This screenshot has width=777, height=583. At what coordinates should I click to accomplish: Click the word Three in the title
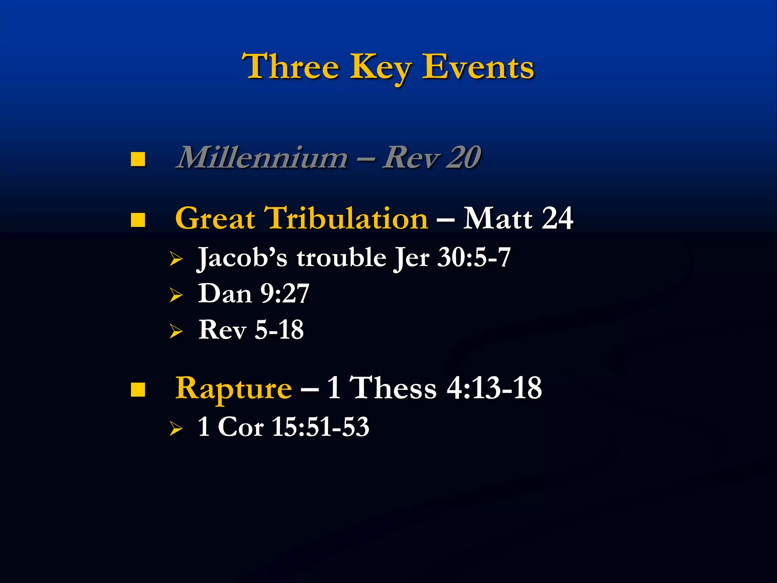tap(291, 67)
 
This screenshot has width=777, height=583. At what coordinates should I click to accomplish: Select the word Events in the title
tap(478, 67)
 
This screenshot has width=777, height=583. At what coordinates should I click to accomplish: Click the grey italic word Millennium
tap(262, 158)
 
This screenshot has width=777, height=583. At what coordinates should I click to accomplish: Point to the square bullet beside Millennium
tap(138, 159)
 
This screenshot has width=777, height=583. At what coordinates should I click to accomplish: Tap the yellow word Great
tap(215, 219)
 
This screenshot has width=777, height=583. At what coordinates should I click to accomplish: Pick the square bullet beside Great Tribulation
tap(138, 220)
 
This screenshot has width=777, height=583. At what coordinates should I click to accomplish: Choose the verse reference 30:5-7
tap(474, 257)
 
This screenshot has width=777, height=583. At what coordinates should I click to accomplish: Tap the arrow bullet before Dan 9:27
tap(176, 295)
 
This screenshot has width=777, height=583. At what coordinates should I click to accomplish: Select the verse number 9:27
tap(285, 293)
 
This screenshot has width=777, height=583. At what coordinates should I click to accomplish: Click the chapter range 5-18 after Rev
tap(279, 329)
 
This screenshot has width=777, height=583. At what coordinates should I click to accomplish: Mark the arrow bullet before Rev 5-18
tap(176, 331)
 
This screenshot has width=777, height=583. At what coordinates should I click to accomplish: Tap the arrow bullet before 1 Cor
tap(176, 429)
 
